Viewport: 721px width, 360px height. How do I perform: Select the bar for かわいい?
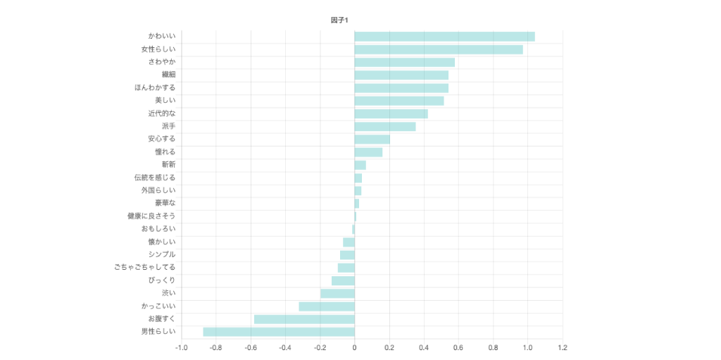[x=444, y=37]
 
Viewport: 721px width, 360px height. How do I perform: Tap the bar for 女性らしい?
[x=439, y=49]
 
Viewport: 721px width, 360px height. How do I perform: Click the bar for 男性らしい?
[x=279, y=332]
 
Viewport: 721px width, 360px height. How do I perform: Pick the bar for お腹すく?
[x=304, y=319]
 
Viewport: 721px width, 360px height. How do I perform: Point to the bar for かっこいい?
[x=327, y=306]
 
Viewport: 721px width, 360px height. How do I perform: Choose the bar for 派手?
[x=385, y=127]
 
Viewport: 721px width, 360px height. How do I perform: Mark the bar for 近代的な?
[x=391, y=113]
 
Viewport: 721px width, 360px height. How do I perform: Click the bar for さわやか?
[x=404, y=62]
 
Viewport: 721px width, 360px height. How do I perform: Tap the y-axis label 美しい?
[x=165, y=101]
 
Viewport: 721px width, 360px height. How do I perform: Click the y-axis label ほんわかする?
[x=155, y=88]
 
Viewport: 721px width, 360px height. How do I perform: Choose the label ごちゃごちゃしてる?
[x=145, y=268]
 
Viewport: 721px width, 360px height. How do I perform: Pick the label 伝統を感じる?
[x=155, y=178]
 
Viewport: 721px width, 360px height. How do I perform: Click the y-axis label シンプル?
[x=162, y=254]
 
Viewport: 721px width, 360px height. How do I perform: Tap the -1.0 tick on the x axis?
[x=181, y=347]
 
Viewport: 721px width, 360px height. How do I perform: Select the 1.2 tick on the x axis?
[x=562, y=347]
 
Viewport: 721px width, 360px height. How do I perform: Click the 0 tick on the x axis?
[x=354, y=347]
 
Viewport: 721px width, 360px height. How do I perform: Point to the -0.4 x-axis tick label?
[x=284, y=347]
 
